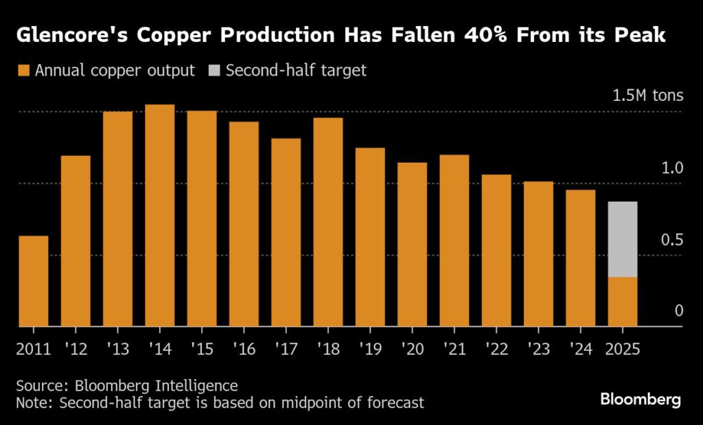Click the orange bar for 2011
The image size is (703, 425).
(x=34, y=282)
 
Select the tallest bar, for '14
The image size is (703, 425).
(x=160, y=216)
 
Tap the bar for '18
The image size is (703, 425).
(x=328, y=222)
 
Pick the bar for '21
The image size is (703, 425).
(x=454, y=241)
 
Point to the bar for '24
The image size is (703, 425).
(x=580, y=258)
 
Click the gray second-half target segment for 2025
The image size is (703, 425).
(x=623, y=239)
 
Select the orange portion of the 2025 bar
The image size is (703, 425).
(x=623, y=302)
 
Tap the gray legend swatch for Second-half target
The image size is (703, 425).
(x=214, y=70)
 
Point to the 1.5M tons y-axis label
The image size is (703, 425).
(x=648, y=95)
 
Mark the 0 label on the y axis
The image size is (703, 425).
(x=678, y=312)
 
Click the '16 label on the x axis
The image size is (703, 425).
(x=244, y=348)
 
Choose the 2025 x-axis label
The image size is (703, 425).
(x=622, y=348)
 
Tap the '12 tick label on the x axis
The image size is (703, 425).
(x=76, y=348)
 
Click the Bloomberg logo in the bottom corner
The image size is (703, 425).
(x=640, y=399)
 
